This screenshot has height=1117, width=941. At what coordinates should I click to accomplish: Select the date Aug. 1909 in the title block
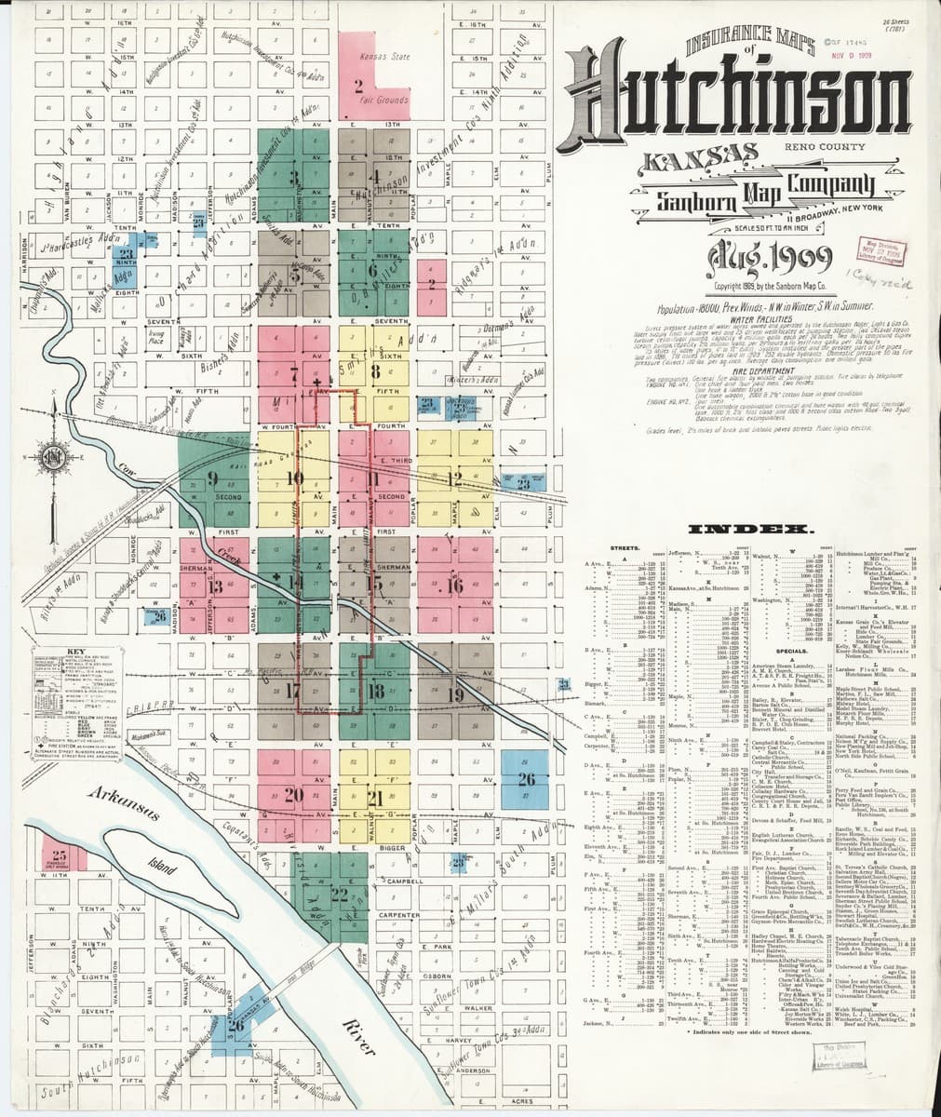coord(740,253)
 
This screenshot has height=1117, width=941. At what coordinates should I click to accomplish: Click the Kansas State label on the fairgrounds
coord(384,57)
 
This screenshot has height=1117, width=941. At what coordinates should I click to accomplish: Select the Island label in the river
coord(162,868)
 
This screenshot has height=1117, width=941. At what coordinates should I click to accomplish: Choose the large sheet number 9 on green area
coord(213,480)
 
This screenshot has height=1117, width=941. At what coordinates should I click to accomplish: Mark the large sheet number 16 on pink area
coord(455,586)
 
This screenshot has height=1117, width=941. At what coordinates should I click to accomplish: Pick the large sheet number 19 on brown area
coord(456,694)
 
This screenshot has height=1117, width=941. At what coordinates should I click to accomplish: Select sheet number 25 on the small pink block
coord(60,855)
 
